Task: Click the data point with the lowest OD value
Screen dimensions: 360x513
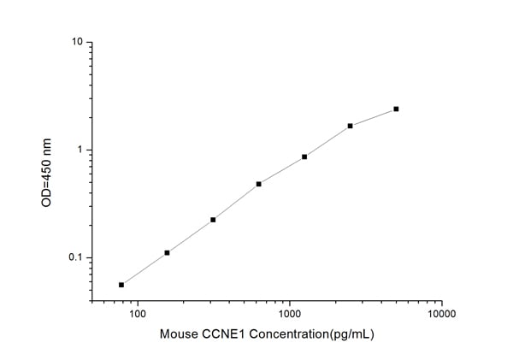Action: (121, 285)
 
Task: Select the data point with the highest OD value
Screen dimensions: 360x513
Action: (396, 109)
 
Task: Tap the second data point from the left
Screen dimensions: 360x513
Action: (167, 253)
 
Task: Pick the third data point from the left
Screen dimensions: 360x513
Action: (213, 220)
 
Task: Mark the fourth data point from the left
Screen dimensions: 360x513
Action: (258, 184)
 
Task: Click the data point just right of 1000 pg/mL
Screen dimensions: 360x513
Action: (304, 157)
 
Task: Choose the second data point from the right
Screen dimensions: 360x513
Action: (351, 126)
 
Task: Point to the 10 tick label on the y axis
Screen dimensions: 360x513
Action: (76, 42)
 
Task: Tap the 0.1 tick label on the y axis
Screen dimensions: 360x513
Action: (74, 258)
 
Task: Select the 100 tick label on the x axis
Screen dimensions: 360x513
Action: (137, 316)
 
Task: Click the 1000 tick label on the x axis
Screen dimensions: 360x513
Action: (289, 316)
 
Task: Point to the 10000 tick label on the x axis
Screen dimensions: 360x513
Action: (441, 316)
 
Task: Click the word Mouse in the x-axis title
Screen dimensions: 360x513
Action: (177, 335)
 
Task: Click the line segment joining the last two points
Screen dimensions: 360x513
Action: (374, 118)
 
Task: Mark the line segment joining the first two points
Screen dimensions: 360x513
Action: (144, 269)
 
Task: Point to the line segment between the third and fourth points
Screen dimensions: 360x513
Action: (235, 202)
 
